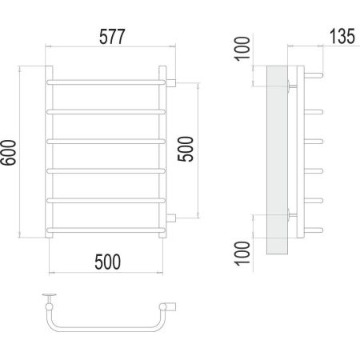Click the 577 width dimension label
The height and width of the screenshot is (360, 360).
[112, 37]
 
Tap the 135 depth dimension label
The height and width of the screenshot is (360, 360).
[342, 36]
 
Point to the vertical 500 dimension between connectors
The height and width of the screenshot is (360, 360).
[186, 149]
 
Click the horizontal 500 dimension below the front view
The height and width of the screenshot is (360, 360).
[108, 262]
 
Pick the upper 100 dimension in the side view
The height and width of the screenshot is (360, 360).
[242, 49]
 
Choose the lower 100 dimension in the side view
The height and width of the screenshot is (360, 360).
[242, 254]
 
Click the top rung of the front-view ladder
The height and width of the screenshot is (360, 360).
[106, 82]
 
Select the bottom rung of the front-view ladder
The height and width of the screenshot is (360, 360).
[106, 230]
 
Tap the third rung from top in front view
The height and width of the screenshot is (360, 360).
[106, 142]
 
